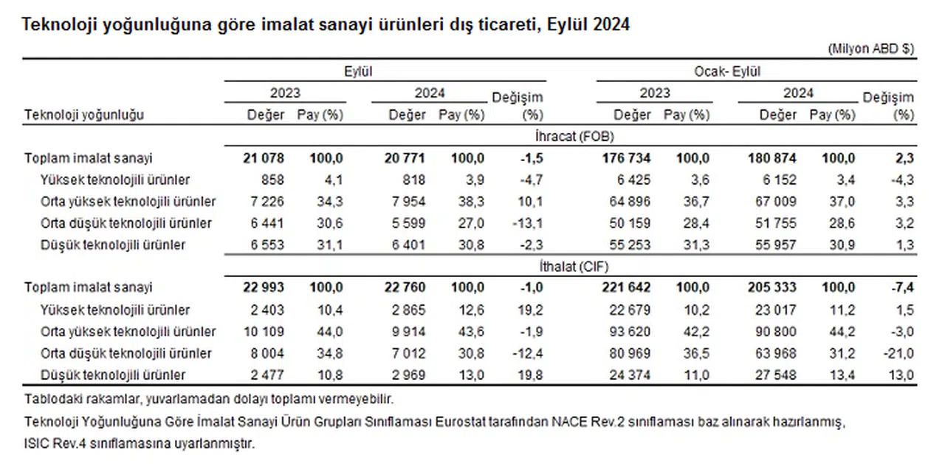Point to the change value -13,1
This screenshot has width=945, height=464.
527,223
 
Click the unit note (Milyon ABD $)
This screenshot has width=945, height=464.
872,48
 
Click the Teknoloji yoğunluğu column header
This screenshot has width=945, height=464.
83,115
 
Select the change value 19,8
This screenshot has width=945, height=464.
530,375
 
